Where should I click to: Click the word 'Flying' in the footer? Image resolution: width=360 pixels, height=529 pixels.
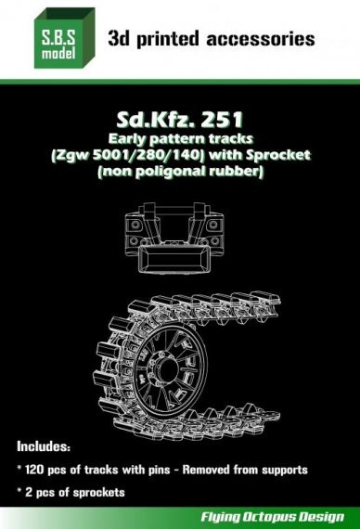point(222,513)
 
